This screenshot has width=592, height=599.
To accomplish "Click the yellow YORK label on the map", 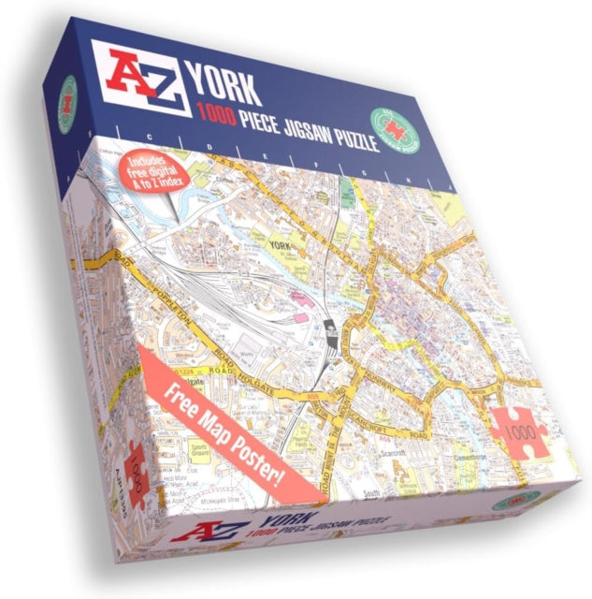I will [278, 246].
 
